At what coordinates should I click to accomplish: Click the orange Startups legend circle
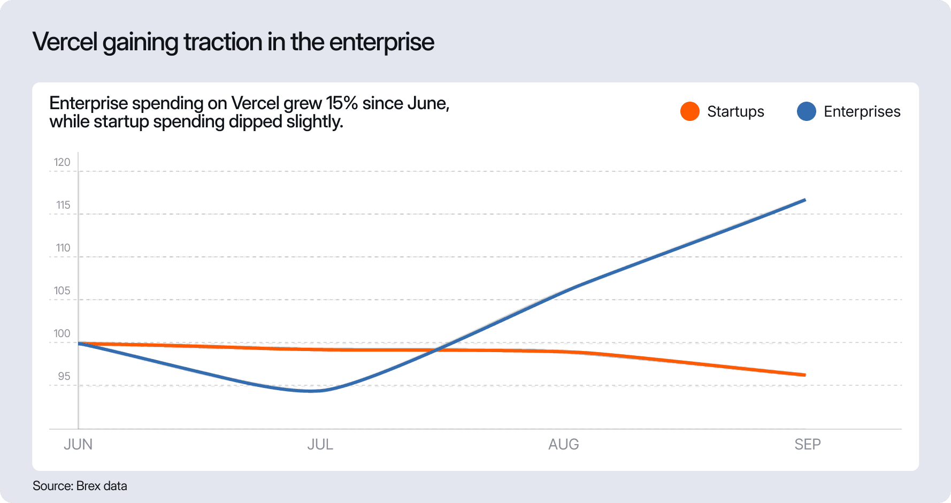click(690, 111)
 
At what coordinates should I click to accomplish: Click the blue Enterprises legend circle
click(806, 111)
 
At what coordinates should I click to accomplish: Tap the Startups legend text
click(735, 111)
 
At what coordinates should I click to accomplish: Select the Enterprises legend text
click(862, 111)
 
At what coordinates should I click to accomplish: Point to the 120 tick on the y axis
click(62, 162)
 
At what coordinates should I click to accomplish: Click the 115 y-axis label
click(63, 205)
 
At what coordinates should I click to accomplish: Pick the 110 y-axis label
click(63, 248)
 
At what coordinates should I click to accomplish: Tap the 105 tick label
click(62, 291)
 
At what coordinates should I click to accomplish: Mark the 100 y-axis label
click(62, 333)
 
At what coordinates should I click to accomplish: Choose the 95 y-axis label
click(64, 376)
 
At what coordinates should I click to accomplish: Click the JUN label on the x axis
click(78, 444)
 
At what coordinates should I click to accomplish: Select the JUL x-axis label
click(320, 444)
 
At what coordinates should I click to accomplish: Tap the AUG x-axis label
click(563, 444)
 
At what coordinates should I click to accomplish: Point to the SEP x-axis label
click(807, 444)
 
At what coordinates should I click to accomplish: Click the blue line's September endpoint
click(804, 200)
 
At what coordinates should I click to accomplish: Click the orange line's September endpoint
click(804, 375)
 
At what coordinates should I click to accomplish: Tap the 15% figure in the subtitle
click(342, 103)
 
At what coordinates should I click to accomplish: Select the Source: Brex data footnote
click(80, 486)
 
